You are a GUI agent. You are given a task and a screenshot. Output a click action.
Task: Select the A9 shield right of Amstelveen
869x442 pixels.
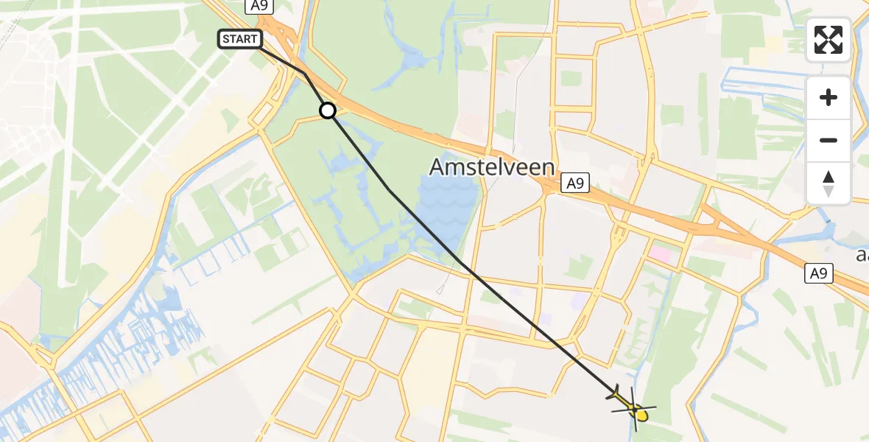(x=575, y=183)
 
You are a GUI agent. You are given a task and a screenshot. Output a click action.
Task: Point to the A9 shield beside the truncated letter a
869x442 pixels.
(x=819, y=274)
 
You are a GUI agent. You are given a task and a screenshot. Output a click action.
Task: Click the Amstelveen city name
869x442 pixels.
(x=492, y=167)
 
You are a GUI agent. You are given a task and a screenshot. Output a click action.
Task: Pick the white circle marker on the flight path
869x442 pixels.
(x=328, y=110)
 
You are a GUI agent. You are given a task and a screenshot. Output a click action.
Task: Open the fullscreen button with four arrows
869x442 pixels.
(x=828, y=40)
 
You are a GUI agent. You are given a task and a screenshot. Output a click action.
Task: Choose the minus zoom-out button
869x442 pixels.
(x=828, y=140)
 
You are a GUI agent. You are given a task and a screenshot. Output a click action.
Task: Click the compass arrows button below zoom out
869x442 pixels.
(x=828, y=183)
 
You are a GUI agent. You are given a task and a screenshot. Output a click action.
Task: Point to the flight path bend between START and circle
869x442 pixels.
(x=305, y=73)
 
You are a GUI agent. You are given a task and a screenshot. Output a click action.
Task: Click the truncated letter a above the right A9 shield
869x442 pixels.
(x=863, y=255)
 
